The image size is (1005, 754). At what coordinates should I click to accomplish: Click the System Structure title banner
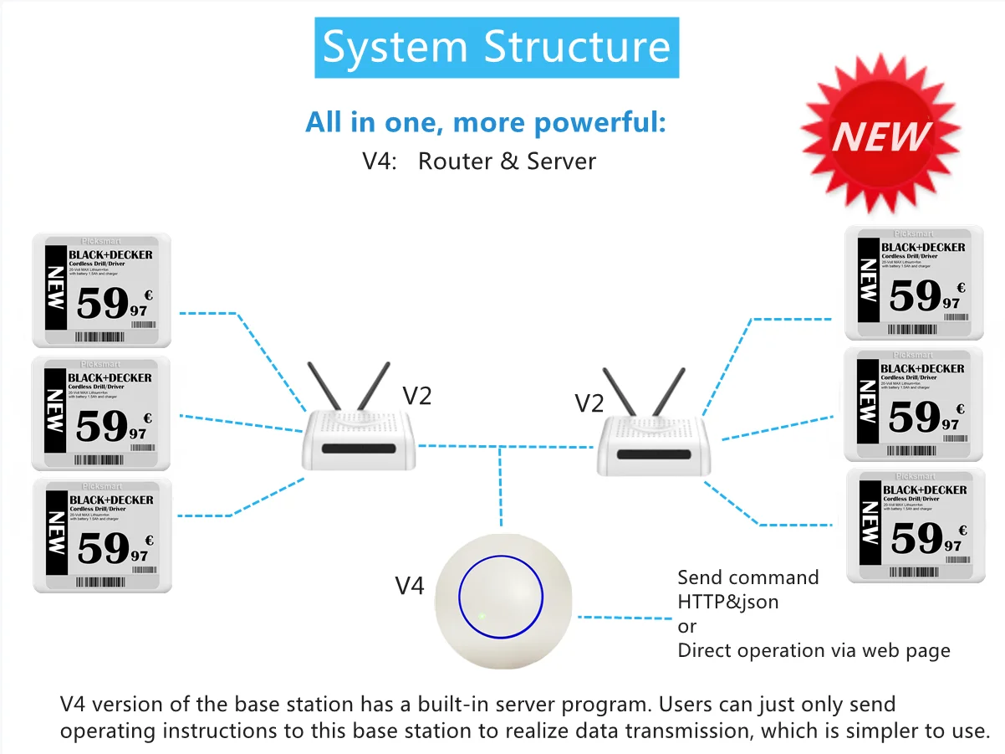497,47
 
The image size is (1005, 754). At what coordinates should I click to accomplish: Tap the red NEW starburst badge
880,135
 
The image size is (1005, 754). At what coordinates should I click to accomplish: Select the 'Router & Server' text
507,161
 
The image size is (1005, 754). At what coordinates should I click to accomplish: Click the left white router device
359,439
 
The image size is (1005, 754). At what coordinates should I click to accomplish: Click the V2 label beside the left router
416,395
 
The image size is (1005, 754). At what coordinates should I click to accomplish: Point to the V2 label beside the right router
589,403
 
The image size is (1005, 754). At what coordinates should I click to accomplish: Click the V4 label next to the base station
409,586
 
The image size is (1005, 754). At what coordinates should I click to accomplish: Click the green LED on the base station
482,618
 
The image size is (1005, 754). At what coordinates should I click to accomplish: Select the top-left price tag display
101,290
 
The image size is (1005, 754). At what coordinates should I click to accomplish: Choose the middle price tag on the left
101,413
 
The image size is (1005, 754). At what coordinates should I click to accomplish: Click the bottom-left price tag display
102,536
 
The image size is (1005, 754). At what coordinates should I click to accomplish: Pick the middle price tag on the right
913,405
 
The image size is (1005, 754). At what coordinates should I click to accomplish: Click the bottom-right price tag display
915,526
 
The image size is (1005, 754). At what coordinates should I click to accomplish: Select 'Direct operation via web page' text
814,650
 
